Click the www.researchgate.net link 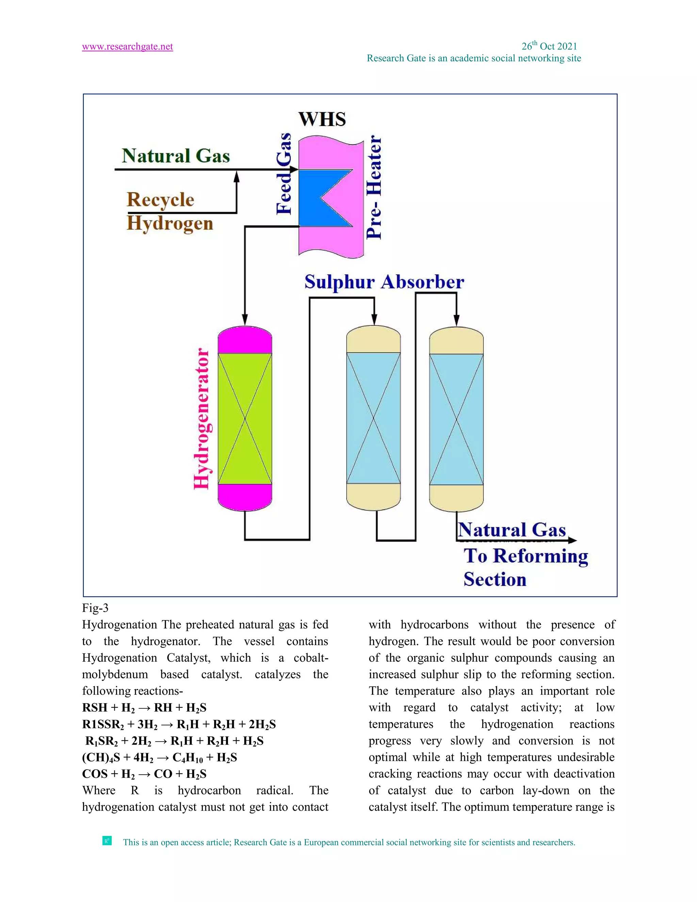pos(127,47)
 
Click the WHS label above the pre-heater pos(322,120)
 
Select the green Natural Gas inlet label pos(176,156)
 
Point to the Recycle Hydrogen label pos(169,211)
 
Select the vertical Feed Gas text pos(284,174)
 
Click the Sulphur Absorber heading pos(384,282)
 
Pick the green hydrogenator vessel pos(245,418)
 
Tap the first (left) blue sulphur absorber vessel pos(373,418)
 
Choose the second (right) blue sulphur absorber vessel pos(456,419)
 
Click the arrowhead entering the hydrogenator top pos(245,320)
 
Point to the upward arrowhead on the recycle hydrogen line pos(237,177)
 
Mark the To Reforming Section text pos(525,567)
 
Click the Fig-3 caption pos(95,608)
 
